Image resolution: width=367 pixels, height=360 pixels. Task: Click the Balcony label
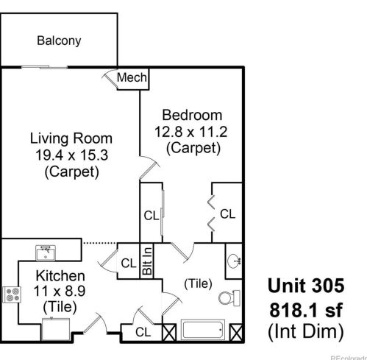point(59,41)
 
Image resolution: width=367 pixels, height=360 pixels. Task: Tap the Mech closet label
point(134,78)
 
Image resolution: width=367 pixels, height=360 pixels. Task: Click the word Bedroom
point(192,115)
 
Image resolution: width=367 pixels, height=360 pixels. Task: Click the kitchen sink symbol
point(45,253)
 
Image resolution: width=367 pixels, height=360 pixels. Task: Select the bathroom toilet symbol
point(228,298)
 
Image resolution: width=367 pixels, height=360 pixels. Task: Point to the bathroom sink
point(233,260)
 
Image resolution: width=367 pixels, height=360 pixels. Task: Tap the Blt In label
point(147,261)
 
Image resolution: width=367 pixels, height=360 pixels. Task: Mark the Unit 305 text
point(304,285)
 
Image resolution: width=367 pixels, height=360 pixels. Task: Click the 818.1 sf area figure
point(304,308)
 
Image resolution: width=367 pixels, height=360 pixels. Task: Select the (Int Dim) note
point(304,331)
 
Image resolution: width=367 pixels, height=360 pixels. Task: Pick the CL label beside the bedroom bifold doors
point(227,214)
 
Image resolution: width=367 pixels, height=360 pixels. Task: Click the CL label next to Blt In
point(128,263)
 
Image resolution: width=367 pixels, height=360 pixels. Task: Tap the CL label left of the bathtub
point(144,333)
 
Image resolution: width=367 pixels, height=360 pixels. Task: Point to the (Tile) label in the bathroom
point(195,282)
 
